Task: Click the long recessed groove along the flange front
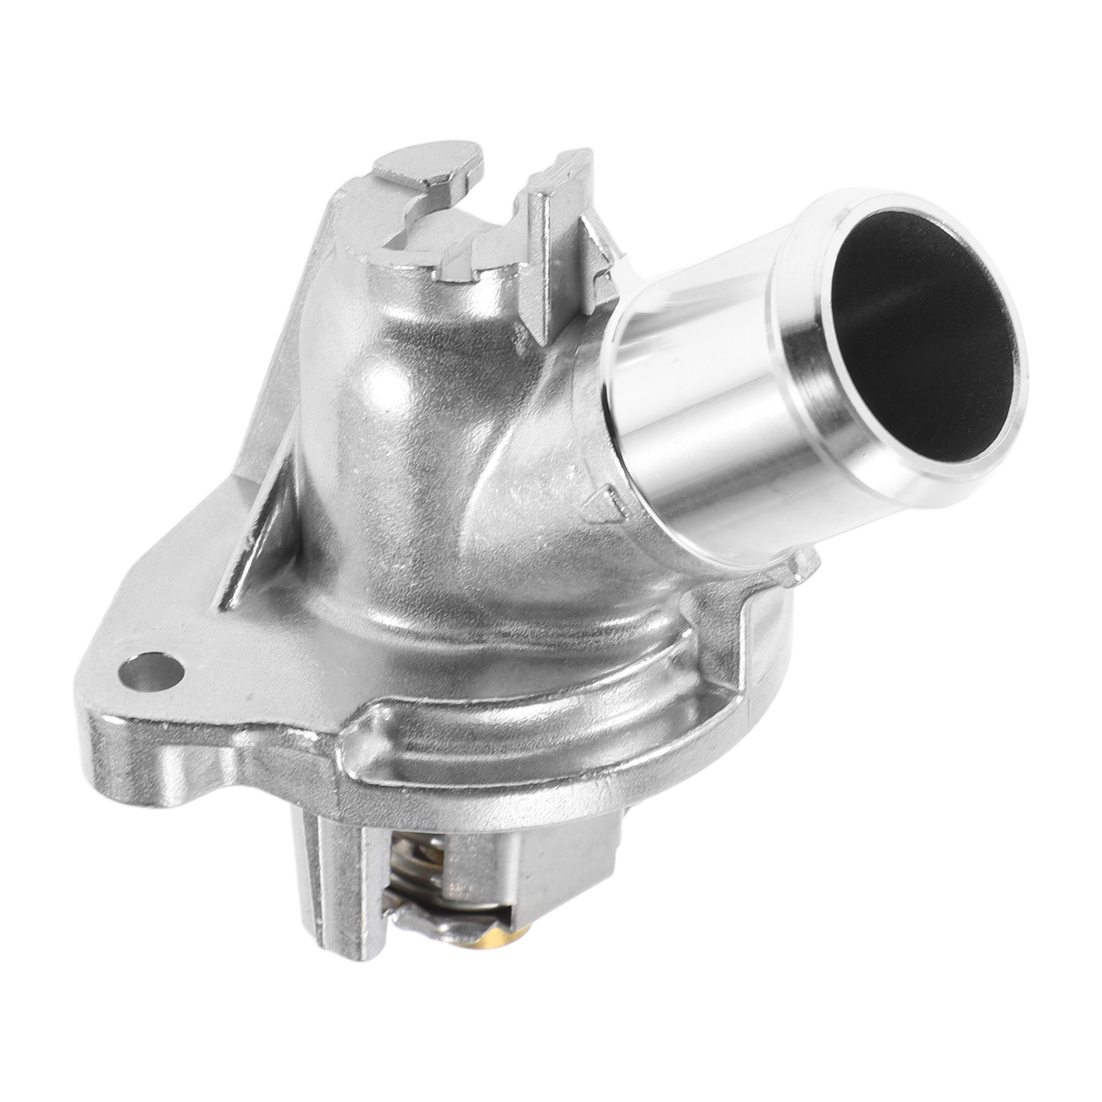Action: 514,736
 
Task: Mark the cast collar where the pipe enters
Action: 576,434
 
